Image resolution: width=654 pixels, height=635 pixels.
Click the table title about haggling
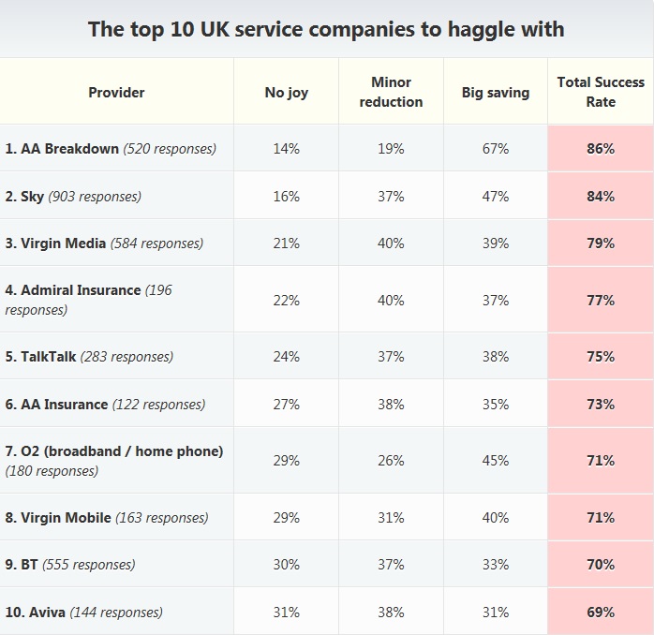326,29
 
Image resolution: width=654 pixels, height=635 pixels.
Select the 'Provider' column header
116,92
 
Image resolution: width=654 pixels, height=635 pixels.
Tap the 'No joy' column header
286,92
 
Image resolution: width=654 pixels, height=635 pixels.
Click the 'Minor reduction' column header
391,92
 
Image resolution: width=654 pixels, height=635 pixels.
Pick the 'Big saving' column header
495,92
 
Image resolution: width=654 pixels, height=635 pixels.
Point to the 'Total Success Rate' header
601,92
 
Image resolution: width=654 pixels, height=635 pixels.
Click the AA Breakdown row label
111,148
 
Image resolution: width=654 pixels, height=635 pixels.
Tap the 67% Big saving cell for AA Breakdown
495,148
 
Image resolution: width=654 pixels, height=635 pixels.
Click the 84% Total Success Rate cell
601,196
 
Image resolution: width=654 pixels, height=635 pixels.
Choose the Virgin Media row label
103,243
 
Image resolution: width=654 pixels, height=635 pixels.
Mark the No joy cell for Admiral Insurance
286,300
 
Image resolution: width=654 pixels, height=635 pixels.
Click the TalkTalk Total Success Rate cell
601,357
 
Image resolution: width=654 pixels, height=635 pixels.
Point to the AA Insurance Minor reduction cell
391,405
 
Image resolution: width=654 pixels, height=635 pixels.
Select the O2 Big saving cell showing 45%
495,461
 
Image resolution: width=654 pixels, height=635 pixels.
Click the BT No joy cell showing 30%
286,565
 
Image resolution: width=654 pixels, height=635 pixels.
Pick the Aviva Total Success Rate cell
601,612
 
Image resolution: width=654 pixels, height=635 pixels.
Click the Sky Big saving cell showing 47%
495,196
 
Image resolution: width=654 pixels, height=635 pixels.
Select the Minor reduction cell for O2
391,461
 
